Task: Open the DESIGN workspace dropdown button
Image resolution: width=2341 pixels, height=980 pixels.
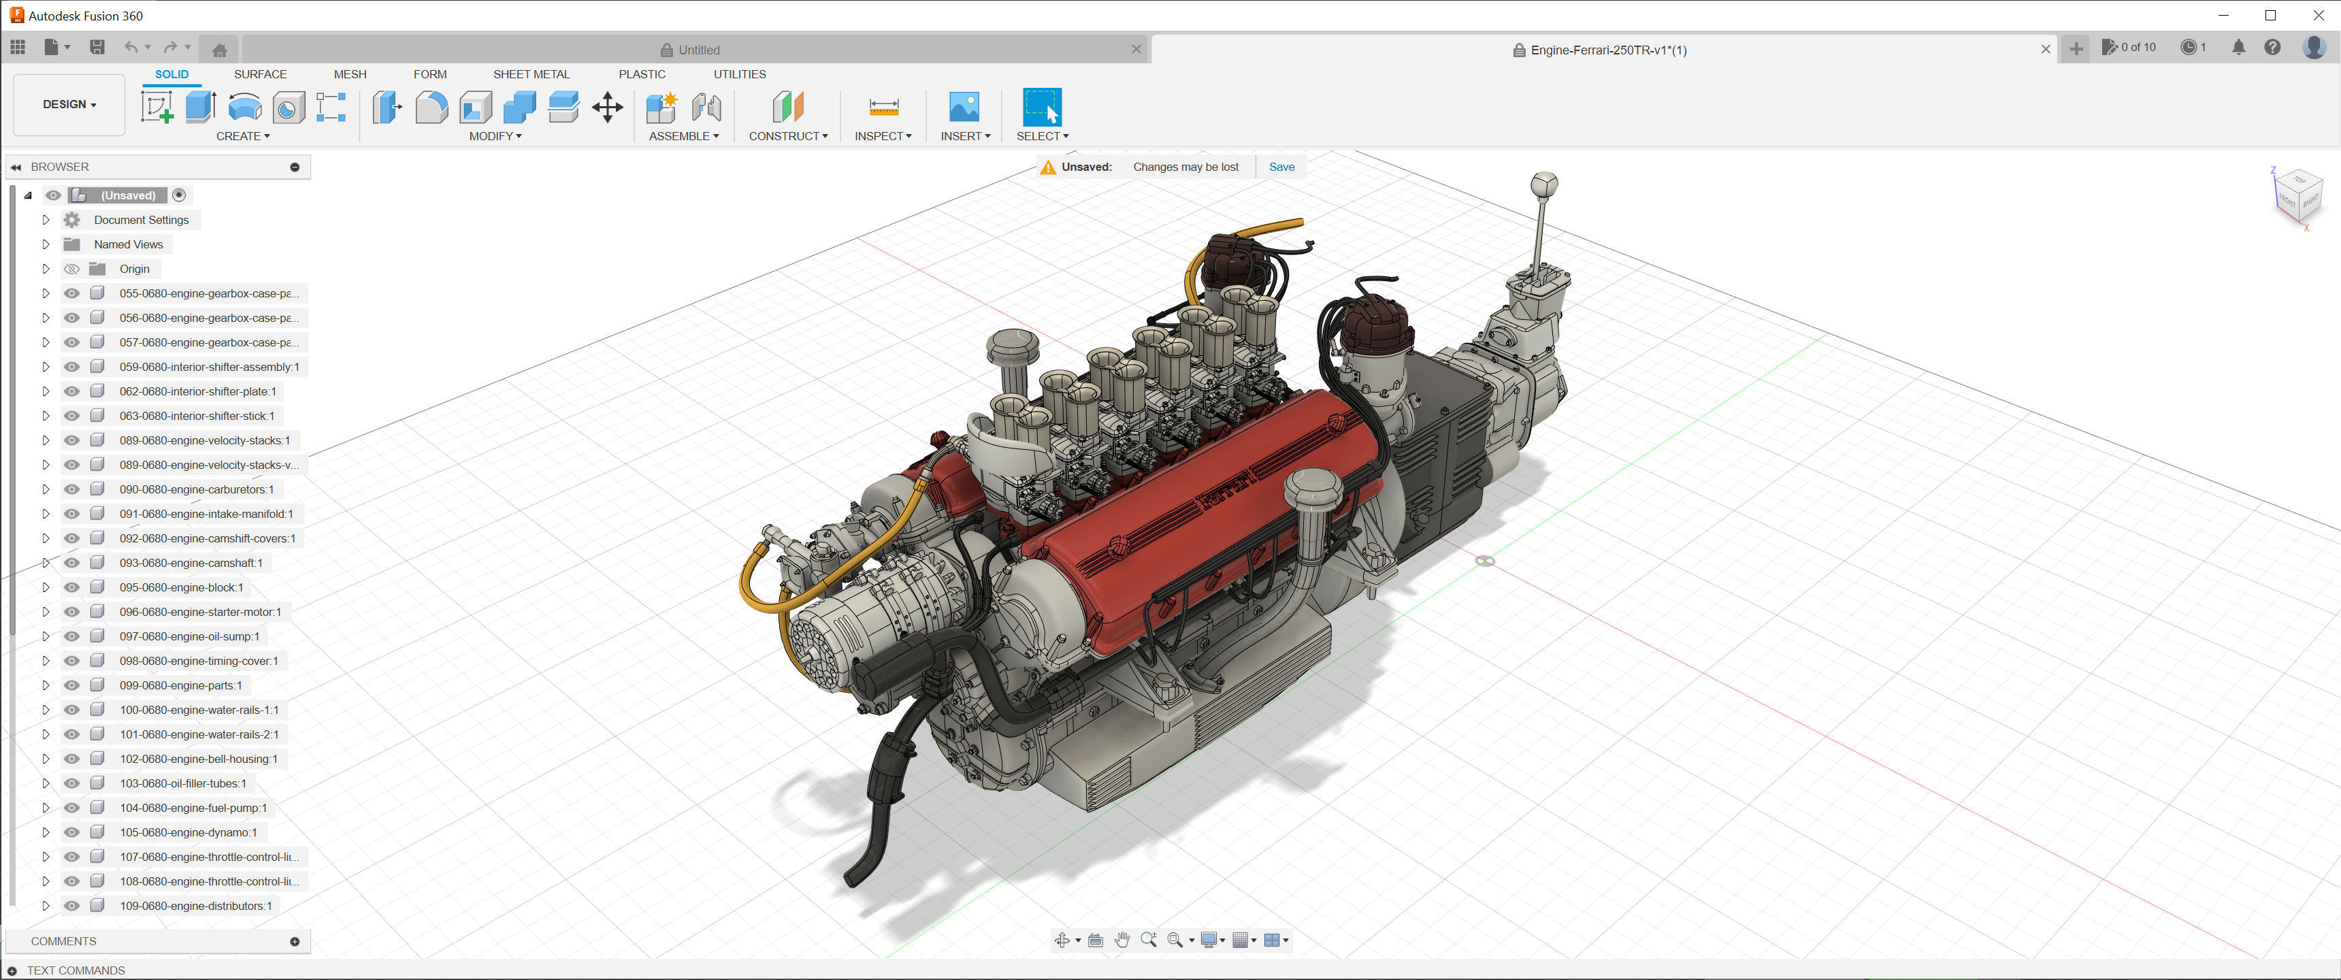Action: [69, 105]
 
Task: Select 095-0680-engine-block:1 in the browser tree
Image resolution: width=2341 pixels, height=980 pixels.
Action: [181, 587]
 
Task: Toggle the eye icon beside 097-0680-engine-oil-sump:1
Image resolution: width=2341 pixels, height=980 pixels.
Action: [71, 636]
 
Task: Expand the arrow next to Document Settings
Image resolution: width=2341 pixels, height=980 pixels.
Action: [46, 220]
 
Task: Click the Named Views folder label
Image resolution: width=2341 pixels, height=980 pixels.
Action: [128, 244]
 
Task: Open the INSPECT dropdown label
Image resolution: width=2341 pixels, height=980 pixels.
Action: [883, 136]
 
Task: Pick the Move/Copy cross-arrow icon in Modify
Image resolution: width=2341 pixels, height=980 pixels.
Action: [607, 108]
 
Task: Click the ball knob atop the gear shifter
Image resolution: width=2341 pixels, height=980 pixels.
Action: [1544, 184]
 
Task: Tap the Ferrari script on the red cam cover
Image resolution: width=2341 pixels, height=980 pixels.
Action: [1228, 489]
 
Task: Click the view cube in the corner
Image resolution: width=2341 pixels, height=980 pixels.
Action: [2298, 195]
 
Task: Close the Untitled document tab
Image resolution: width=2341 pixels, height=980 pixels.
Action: [1136, 50]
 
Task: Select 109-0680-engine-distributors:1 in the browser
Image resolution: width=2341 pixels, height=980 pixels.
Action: [195, 905]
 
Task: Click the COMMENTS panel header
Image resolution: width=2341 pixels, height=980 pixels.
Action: [63, 941]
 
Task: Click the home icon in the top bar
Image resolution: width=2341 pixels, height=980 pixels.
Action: [219, 50]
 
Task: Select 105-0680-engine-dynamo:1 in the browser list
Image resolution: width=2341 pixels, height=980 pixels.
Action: [188, 832]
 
